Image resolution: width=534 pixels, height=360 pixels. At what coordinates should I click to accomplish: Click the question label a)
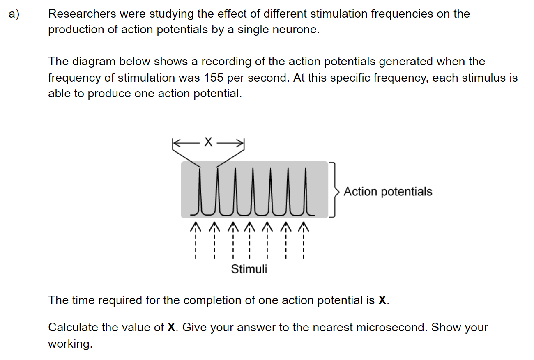click(14, 14)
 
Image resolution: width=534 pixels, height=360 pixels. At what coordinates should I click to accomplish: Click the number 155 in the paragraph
click(214, 78)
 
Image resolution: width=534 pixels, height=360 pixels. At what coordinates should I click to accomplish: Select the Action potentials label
click(388, 192)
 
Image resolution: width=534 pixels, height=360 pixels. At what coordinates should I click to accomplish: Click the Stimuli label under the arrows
click(249, 269)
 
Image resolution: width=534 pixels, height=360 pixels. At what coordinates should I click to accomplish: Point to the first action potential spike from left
click(200, 191)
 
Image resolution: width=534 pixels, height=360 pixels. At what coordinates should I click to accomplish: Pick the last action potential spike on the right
click(306, 191)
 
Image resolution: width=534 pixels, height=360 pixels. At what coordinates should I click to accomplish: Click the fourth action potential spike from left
click(253, 191)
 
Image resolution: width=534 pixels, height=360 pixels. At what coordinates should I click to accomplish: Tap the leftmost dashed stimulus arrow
click(196, 240)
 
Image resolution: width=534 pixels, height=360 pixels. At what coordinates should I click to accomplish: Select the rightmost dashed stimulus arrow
click(304, 240)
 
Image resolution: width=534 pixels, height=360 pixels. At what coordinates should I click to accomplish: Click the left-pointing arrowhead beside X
click(176, 143)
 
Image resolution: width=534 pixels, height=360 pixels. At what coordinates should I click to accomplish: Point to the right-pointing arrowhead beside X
click(240, 143)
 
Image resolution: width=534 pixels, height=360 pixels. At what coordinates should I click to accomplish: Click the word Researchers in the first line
click(82, 14)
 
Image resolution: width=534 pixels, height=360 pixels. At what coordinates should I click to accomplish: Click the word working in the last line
click(70, 344)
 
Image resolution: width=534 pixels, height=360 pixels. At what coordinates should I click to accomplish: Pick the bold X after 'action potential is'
click(382, 300)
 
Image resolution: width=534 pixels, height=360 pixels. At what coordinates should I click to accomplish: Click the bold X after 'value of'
click(171, 327)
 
